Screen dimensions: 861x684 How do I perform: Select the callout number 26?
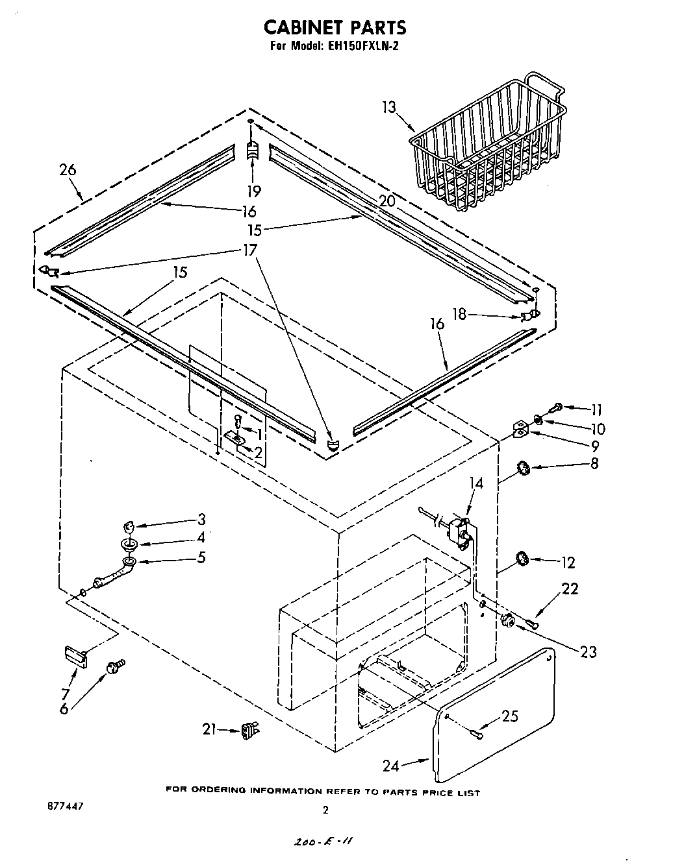click(68, 171)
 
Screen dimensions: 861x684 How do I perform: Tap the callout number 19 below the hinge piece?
click(254, 191)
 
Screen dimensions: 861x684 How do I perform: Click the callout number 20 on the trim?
click(387, 201)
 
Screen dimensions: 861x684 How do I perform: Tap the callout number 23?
click(588, 651)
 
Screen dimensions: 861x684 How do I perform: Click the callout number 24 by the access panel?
click(390, 766)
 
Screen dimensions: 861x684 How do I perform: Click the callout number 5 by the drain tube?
click(202, 557)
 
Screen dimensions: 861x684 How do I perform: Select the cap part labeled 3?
click(130, 525)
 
